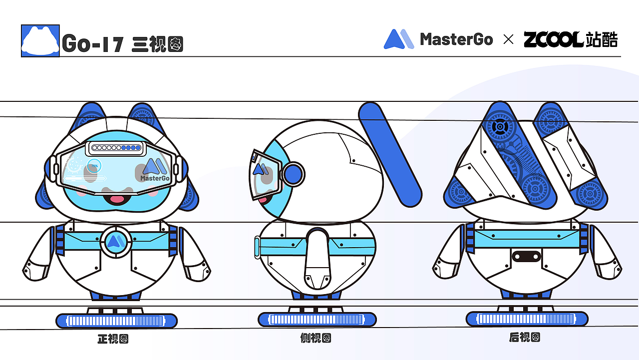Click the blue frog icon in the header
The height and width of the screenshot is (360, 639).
(x=40, y=40)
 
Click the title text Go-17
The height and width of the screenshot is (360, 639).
(x=93, y=44)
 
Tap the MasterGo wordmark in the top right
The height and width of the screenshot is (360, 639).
(x=456, y=39)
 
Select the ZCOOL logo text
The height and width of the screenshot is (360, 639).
(x=553, y=39)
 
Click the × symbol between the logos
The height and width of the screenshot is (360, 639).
(x=508, y=39)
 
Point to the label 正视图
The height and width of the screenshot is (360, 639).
(x=113, y=339)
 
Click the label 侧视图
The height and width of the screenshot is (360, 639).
(x=316, y=339)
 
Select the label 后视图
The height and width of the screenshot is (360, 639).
(x=525, y=338)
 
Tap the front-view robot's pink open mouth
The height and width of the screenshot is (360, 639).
(x=117, y=199)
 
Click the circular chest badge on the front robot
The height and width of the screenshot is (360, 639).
(x=116, y=242)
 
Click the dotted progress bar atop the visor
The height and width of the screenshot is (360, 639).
(x=116, y=148)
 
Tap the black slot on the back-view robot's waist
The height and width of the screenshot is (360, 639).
(x=527, y=256)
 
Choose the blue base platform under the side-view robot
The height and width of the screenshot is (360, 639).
(x=317, y=320)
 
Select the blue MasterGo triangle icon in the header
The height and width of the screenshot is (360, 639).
(x=398, y=39)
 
